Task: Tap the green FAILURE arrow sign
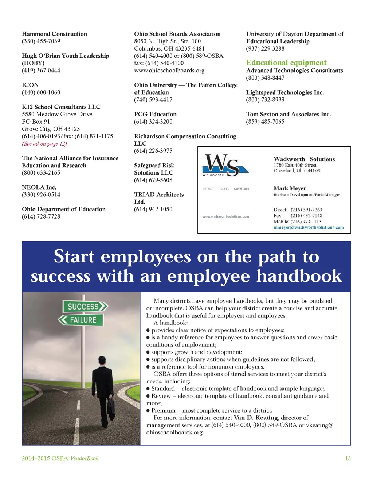(81, 320)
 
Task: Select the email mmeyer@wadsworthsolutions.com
(309, 227)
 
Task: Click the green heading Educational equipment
(286, 63)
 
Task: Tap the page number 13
(348, 458)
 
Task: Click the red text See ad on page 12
(44, 143)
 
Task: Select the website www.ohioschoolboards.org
(169, 70)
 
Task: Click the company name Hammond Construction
(54, 34)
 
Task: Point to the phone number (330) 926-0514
(41, 195)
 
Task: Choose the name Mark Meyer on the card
(290, 188)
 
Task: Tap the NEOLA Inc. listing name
(39, 187)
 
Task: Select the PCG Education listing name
(155, 114)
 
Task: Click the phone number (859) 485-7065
(265, 122)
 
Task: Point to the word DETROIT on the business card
(208, 189)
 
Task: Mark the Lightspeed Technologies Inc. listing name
(285, 92)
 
